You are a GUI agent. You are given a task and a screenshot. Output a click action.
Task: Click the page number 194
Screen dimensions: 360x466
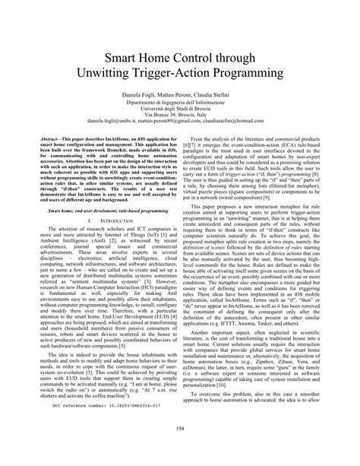[x=180, y=450]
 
